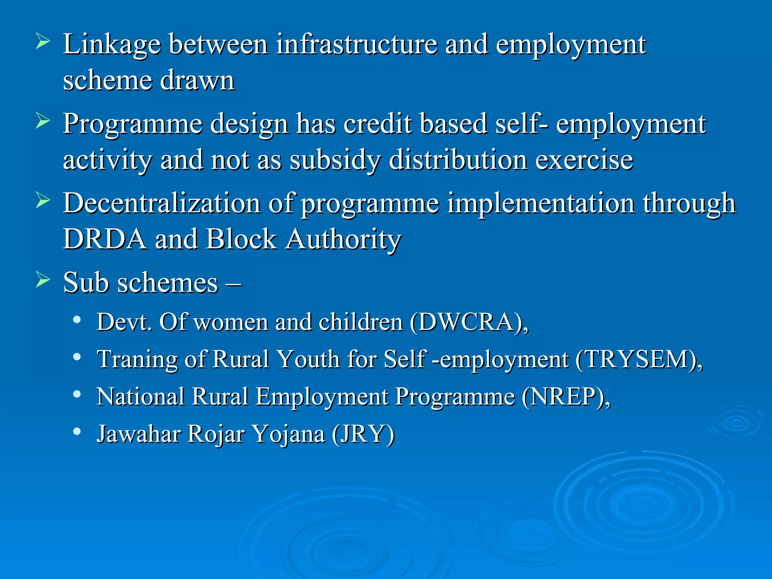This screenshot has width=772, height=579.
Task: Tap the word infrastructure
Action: (x=356, y=44)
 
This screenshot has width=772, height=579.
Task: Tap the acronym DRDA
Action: (x=104, y=239)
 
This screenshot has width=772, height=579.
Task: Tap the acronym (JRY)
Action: (x=363, y=434)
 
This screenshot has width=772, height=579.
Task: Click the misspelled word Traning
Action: (x=137, y=359)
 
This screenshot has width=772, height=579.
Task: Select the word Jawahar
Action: (x=139, y=434)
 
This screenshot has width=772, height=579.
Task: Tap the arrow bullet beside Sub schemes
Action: (x=43, y=280)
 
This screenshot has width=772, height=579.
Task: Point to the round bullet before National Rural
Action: (x=77, y=394)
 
